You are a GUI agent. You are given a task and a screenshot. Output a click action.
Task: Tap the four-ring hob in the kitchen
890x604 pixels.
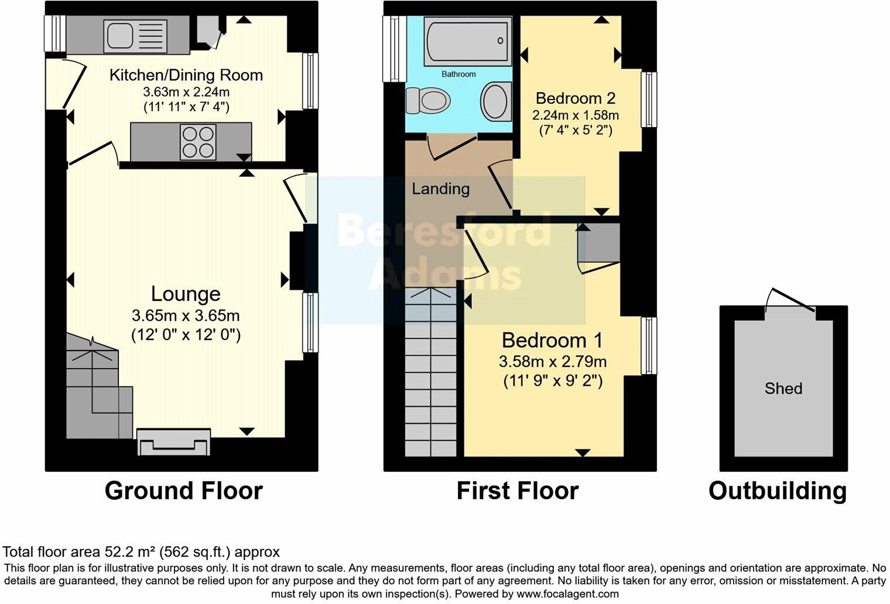tap(198, 142)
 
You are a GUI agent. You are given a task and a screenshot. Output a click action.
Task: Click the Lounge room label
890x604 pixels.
tap(186, 294)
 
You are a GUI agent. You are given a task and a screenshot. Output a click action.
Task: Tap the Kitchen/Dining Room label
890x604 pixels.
tap(186, 75)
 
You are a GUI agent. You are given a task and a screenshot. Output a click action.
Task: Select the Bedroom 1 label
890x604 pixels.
tap(552, 340)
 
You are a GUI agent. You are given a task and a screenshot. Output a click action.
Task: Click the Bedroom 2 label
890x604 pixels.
tap(576, 98)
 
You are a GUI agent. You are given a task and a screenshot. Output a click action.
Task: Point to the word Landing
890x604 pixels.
tap(440, 188)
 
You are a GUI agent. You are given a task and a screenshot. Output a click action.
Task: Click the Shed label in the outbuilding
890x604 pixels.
tap(783, 388)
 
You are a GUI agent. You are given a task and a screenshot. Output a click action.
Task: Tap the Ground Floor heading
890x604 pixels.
tap(183, 490)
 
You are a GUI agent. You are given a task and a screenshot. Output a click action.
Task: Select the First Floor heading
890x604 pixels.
tap(518, 490)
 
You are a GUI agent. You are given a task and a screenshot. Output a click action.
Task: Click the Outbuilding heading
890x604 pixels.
tap(778, 490)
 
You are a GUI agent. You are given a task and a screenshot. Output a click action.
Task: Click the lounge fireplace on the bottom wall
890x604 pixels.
tap(173, 442)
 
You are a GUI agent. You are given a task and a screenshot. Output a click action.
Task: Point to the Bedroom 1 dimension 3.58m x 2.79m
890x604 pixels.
tap(552, 362)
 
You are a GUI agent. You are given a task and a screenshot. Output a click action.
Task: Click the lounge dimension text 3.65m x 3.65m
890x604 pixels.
tap(186, 316)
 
